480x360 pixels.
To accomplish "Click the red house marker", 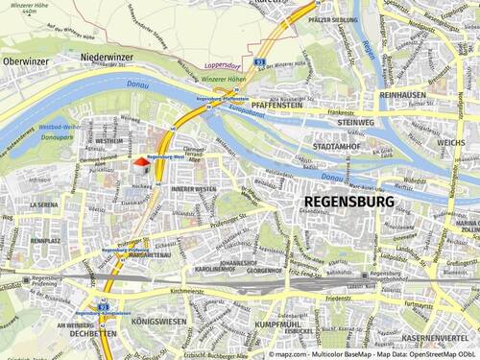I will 140,164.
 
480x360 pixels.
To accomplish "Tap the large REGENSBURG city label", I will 348,203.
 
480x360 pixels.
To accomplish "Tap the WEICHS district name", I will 450,142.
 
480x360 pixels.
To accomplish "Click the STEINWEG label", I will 353,123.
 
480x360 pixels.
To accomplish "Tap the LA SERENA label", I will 44,204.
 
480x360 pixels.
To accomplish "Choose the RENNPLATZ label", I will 45,241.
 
